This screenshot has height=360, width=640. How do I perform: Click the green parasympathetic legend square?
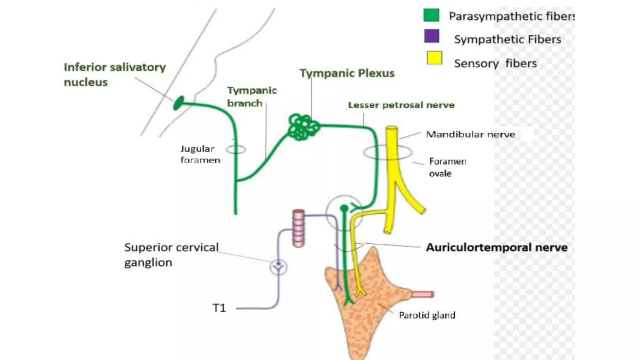click(x=431, y=15)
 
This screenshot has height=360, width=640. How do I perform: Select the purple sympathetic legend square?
click(x=432, y=36)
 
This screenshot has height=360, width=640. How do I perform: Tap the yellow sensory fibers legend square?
click(x=434, y=58)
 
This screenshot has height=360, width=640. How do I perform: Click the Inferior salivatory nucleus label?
click(x=114, y=74)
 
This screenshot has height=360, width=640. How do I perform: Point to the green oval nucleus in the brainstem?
click(x=178, y=103)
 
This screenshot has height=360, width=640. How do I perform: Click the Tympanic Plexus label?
click(x=347, y=73)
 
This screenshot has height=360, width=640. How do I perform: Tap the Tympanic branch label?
click(x=252, y=97)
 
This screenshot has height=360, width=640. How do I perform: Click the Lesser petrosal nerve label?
click(x=401, y=105)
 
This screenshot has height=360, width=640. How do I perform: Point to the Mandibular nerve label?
click(x=470, y=134)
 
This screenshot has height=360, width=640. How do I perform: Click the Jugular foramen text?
click(x=200, y=154)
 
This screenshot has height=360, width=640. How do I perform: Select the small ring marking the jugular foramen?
click(x=236, y=149)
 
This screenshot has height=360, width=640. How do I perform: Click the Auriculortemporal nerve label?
click(x=497, y=247)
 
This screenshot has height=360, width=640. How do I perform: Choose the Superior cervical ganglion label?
click(x=171, y=254)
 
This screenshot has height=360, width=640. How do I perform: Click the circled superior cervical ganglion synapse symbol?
click(x=278, y=267)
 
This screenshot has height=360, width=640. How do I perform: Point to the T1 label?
click(x=219, y=308)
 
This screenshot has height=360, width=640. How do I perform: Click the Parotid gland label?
click(x=427, y=315)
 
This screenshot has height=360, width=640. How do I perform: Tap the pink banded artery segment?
click(x=298, y=228)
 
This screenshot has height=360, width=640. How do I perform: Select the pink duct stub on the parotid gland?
click(x=422, y=294)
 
